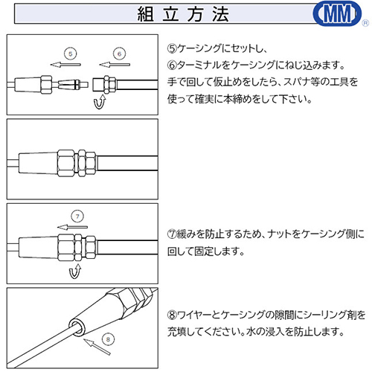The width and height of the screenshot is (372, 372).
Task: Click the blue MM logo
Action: coord(337,13)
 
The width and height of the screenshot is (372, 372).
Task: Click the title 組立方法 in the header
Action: coord(183,14)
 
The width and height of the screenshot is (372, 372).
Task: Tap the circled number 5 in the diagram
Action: coord(71,54)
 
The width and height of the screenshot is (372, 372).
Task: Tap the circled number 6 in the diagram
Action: coord(119,54)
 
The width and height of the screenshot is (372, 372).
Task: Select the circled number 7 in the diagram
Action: coord(77,217)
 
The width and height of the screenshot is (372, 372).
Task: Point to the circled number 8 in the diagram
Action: coord(108,339)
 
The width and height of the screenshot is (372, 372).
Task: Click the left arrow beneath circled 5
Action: coord(65,65)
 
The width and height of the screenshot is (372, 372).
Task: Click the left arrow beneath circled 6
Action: coord(115,65)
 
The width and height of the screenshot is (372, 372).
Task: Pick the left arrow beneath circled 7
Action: coord(72,227)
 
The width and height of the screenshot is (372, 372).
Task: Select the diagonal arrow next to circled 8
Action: coord(97,347)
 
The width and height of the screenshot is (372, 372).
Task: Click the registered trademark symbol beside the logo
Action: coord(365,23)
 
